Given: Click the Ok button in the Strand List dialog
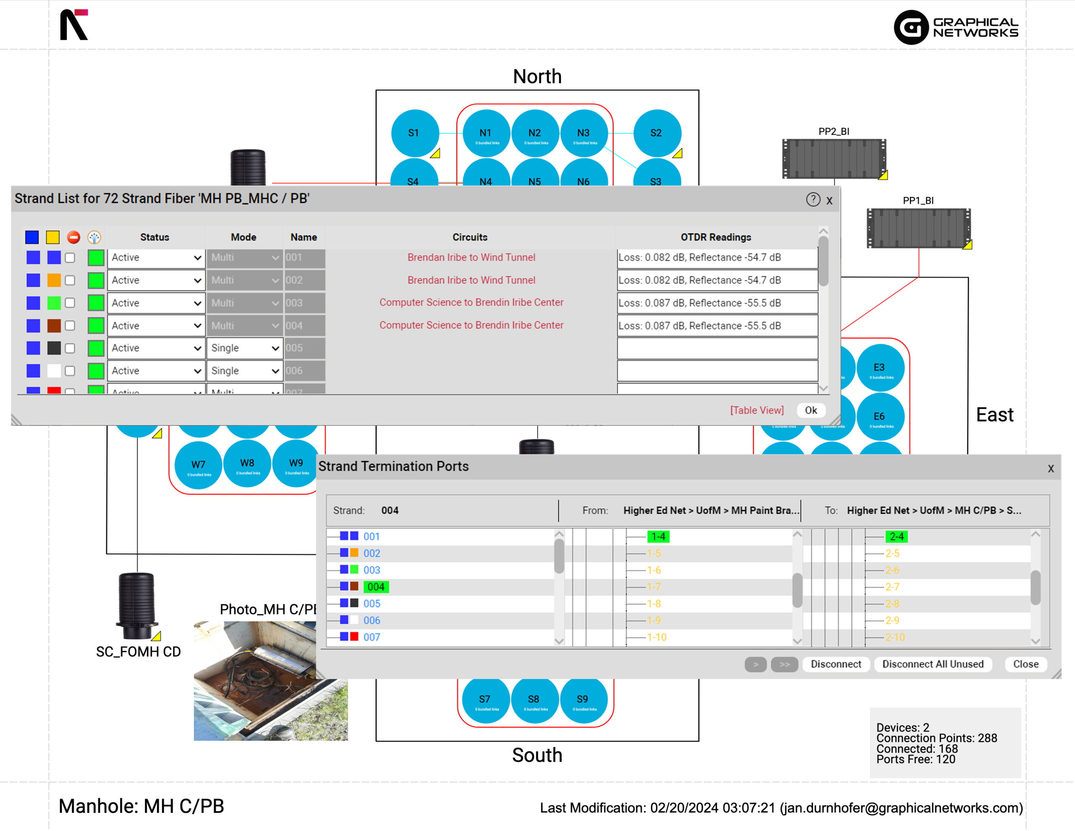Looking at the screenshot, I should [x=811, y=410].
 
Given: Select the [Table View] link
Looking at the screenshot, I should [x=757, y=410].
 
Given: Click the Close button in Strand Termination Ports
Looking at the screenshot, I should [x=1025, y=664].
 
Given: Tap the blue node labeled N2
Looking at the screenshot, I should [x=535, y=134].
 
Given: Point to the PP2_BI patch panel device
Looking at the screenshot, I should [x=834, y=159].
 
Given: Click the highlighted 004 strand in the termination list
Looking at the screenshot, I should [x=376, y=587].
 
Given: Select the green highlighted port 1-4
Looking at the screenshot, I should [x=658, y=537].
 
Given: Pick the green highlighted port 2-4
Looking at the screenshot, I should [x=897, y=537].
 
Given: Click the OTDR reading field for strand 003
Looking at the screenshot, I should [x=717, y=303].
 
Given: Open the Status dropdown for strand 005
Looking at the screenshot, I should [x=155, y=348].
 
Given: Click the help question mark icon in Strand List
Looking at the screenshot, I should [x=813, y=199].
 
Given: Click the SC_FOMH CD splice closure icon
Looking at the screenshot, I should [x=137, y=606].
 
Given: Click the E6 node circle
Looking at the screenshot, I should [x=880, y=417].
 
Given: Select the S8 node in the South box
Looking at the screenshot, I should [x=534, y=700].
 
